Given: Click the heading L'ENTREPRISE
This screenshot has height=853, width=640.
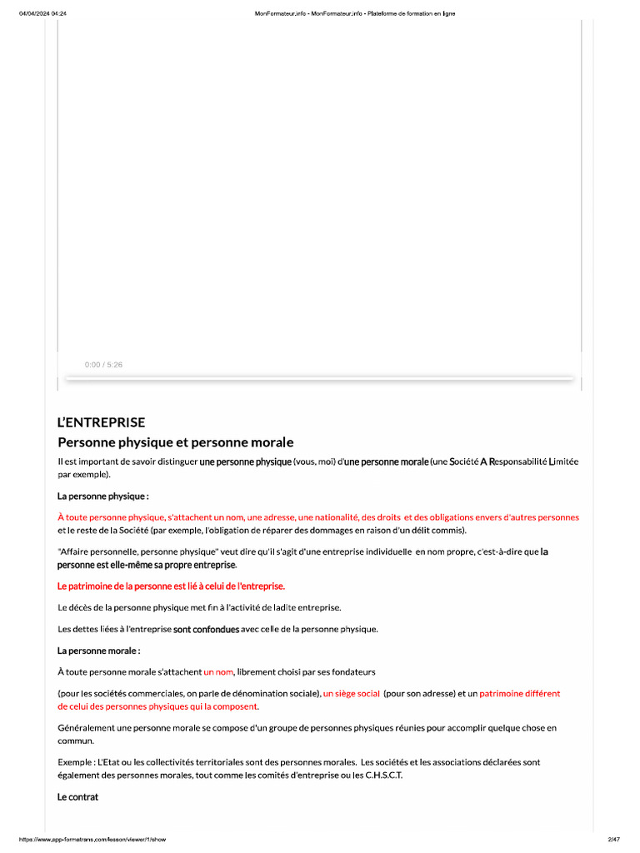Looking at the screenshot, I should [x=101, y=422].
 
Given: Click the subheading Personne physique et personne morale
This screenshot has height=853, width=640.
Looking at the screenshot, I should [x=175, y=442].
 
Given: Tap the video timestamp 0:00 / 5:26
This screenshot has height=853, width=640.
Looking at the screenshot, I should [x=103, y=365].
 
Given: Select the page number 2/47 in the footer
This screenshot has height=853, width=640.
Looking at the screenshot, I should [x=614, y=839].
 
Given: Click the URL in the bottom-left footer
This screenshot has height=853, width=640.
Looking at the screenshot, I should [x=92, y=839].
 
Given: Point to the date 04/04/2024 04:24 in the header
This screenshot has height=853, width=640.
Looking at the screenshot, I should [x=42, y=13].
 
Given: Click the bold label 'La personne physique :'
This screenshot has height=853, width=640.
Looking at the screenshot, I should [x=102, y=496].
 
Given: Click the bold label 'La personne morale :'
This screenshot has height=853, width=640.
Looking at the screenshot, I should [x=98, y=650].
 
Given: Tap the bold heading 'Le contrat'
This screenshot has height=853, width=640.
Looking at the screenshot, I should [x=77, y=797].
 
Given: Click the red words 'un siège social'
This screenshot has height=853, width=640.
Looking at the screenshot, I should [x=351, y=693].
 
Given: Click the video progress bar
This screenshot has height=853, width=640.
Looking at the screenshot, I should [x=319, y=379].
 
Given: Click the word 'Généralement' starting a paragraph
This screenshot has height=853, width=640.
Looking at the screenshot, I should [x=86, y=727].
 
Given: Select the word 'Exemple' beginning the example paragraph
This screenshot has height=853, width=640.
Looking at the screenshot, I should [x=75, y=761].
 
